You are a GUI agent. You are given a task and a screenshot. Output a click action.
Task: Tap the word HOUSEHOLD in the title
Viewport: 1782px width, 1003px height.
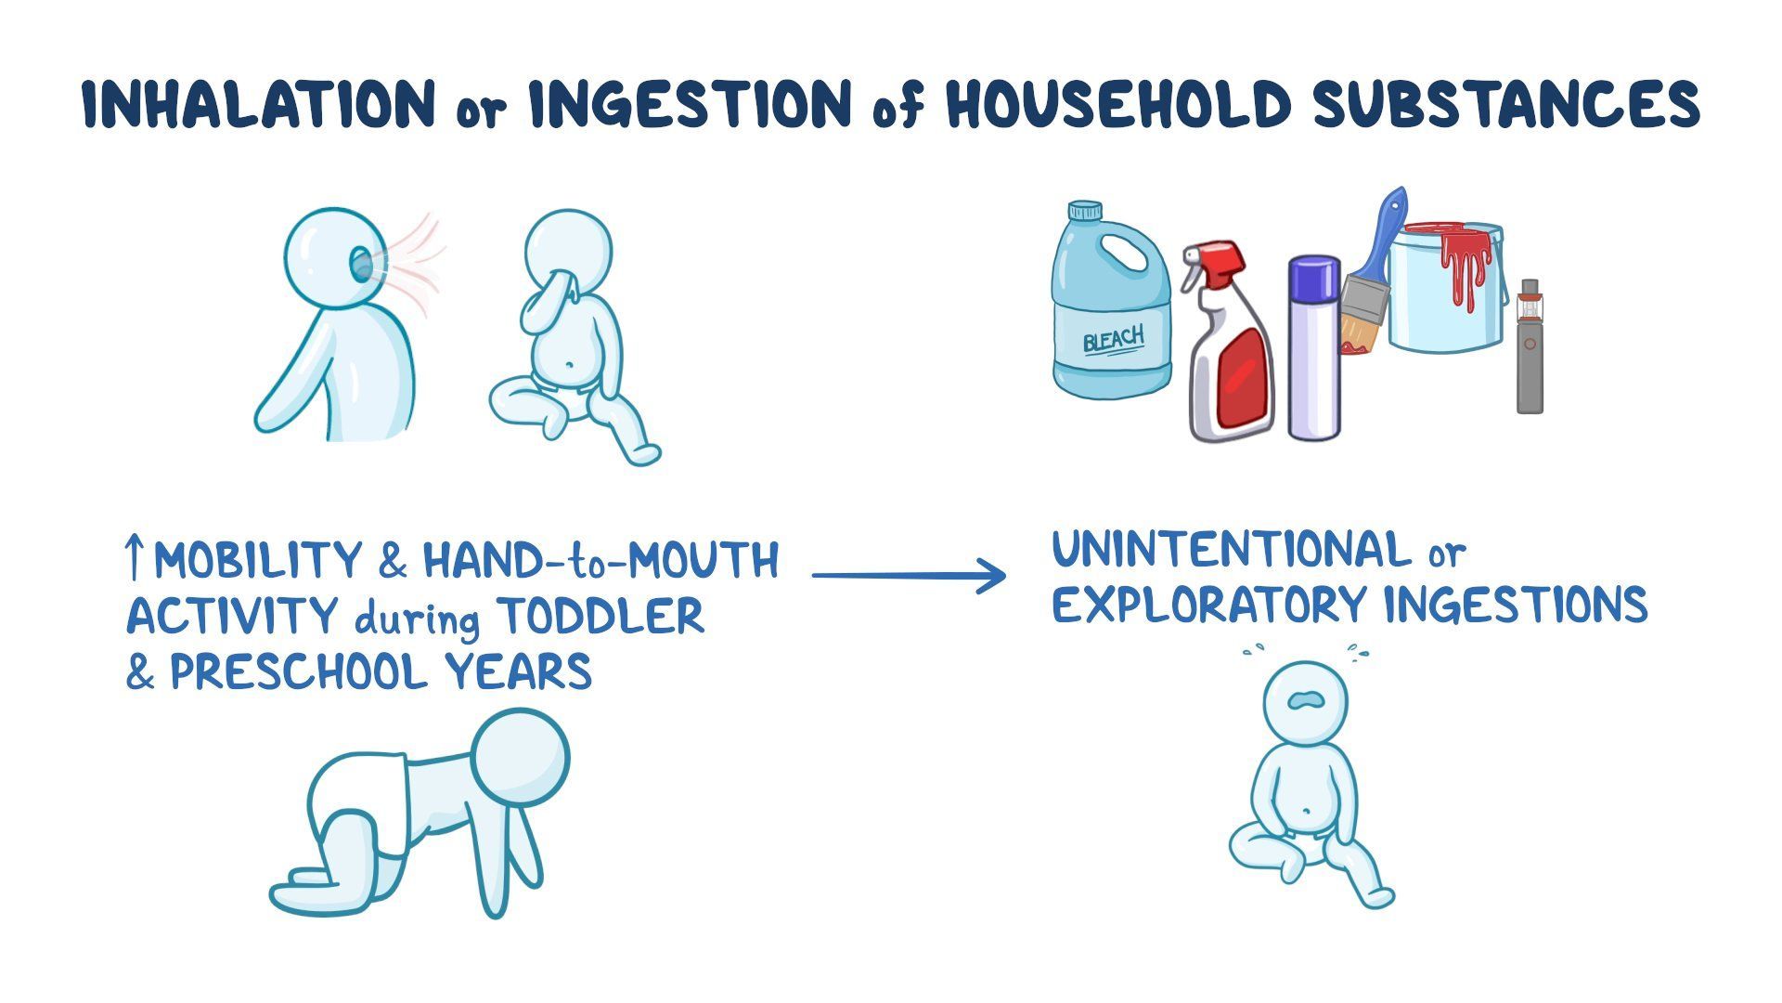1118,104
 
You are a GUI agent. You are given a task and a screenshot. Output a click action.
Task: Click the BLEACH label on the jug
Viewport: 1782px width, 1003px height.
1114,340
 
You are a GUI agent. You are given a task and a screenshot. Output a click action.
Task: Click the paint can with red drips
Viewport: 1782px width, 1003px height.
1448,288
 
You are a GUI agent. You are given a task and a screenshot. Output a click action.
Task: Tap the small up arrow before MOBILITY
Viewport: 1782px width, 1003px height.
135,557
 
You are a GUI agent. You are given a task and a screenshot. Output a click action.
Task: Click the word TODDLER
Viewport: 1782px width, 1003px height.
600,616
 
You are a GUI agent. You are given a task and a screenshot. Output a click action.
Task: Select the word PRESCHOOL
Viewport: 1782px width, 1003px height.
297,671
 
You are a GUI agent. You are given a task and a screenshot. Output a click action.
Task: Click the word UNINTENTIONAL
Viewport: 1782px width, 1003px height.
1231,550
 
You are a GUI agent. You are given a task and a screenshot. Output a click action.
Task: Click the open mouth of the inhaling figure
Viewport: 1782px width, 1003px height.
360,265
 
